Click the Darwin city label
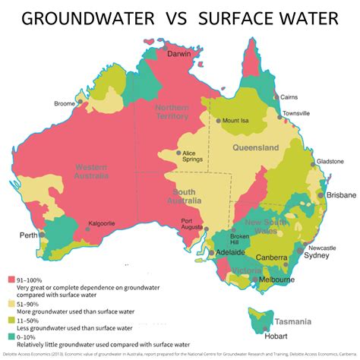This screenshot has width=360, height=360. coord(178,55)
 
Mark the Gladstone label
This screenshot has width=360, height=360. coord(330,162)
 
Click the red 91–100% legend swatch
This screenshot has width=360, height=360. coord(11,279)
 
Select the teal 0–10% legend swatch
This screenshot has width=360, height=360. coord(11,335)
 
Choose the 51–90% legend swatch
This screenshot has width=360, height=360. coord(11,298)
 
